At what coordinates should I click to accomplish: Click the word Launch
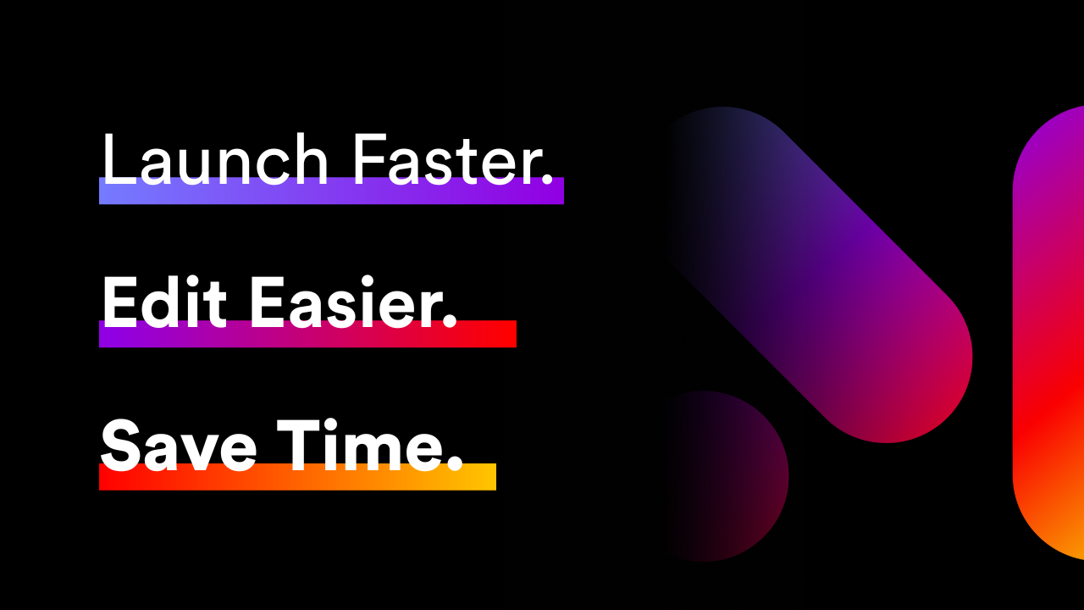click(x=215, y=158)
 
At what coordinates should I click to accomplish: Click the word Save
click(x=178, y=446)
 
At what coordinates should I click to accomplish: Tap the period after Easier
click(x=450, y=322)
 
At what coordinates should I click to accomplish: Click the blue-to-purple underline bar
click(x=331, y=191)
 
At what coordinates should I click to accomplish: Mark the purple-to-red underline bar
click(x=307, y=334)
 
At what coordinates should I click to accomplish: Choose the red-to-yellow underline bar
click(x=297, y=477)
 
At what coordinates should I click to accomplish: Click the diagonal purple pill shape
click(x=818, y=274)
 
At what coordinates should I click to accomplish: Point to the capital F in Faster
click(x=370, y=158)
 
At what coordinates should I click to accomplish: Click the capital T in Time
click(x=296, y=446)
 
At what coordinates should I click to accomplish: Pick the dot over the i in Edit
click(x=194, y=282)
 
